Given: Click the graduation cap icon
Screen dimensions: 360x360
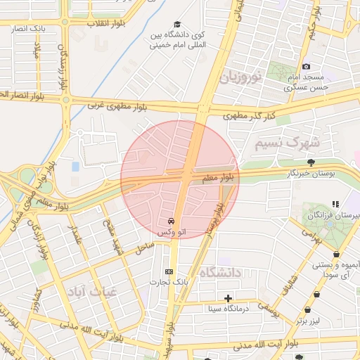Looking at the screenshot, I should pos(176,25).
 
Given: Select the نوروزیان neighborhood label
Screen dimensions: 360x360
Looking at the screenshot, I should pos(243,76).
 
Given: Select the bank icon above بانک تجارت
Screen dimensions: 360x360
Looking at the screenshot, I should pos(169,271).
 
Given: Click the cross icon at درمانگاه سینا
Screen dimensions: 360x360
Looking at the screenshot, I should pos(228,298).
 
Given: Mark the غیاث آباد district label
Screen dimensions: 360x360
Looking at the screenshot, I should pos(89,290).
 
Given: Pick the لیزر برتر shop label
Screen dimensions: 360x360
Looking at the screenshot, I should pos(307,321).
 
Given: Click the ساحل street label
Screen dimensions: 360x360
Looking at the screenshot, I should pos(144,246).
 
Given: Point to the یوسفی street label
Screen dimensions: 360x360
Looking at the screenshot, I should pos(268,307).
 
